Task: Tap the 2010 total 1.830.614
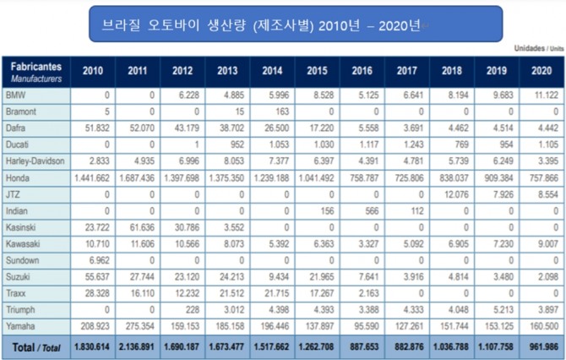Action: pyautogui.click(x=92, y=346)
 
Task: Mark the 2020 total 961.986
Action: pyautogui.click(x=542, y=346)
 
